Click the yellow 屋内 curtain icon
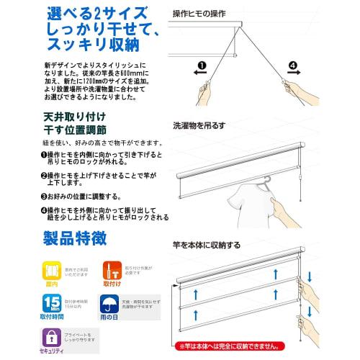pyautogui.click(x=51, y=268)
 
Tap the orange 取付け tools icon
pyautogui.click(x=113, y=267)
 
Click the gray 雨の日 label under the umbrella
pyautogui.click(x=113, y=318)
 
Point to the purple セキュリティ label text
pyautogui.click(x=51, y=351)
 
